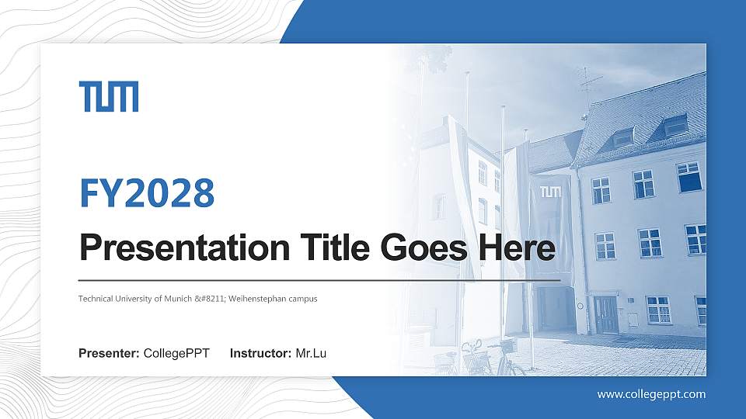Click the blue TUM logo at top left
point(109,96)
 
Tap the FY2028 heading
point(147,194)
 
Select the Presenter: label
point(109,354)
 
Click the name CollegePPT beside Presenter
point(176,354)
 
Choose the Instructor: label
point(261,354)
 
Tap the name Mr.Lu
point(311,354)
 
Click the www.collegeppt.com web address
point(651,394)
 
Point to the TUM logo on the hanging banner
point(549,192)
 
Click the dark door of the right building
point(606,313)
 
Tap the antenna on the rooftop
point(589,81)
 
